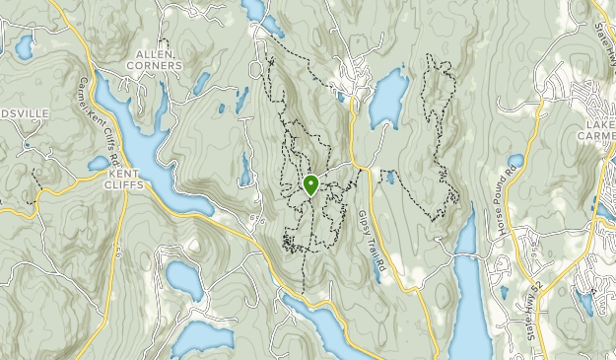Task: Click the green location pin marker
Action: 311,184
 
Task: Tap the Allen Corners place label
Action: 155,59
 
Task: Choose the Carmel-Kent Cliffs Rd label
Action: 101,123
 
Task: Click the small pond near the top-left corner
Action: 23,46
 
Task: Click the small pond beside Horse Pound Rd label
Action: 515,161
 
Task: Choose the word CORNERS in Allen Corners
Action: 155,66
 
